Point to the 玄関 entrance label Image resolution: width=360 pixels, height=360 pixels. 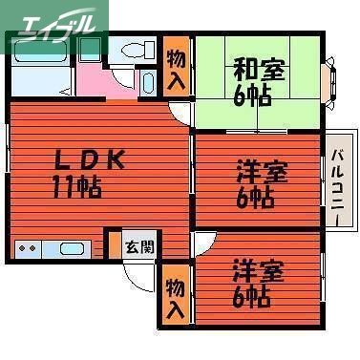click(x=139, y=245)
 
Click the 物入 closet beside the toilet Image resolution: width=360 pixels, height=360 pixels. click(x=176, y=67)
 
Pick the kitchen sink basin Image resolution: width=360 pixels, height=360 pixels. click(x=72, y=249)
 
